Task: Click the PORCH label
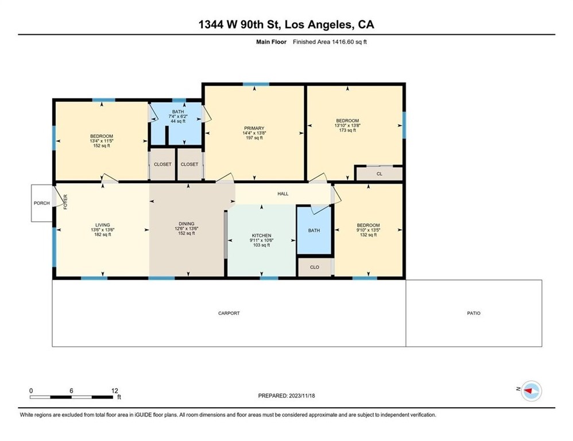pos(42,203)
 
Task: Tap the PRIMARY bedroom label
pos(254,128)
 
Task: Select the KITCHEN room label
pos(262,235)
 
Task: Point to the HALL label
pos(283,194)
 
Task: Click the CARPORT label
pos(229,313)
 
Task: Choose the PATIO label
pos(474,313)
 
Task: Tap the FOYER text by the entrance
pos(66,202)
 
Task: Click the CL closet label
pos(380,174)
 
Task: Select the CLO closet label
pos(315,267)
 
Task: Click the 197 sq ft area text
pos(254,138)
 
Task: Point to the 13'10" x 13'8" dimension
pos(347,125)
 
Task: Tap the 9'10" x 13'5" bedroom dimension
pos(369,230)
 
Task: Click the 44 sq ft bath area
pos(178,121)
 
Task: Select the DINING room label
pos(187,223)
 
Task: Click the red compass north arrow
pos(528,391)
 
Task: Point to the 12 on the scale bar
pos(115,390)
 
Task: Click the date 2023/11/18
pos(302,396)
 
